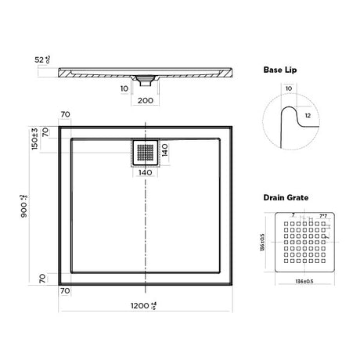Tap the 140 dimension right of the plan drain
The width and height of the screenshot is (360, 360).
click(165, 149)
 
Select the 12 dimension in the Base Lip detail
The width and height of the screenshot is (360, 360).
click(308, 117)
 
